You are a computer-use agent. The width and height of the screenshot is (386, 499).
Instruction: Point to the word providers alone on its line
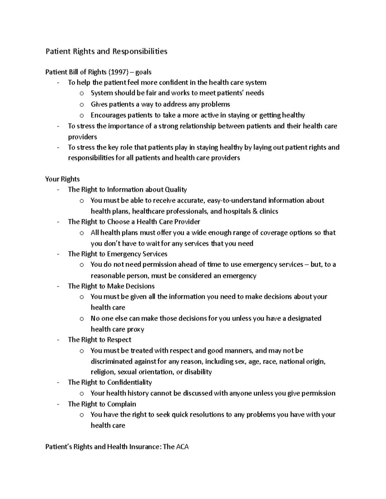pos(82,137)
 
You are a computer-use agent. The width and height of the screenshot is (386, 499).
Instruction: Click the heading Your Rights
pos(62,179)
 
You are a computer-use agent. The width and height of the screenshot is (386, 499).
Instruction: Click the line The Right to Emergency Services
pos(117,254)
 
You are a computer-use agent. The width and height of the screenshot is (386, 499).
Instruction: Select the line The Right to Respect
pos(99,340)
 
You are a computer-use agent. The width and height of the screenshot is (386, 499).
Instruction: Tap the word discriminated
pos(111,361)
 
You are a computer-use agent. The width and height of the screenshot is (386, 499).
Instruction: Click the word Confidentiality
pos(129,382)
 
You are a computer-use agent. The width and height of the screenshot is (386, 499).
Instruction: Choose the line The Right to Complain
pos(102,404)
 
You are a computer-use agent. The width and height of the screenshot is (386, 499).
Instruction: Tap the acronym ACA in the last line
pos(182,447)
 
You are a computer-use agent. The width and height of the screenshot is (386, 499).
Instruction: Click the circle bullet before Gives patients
pos(82,104)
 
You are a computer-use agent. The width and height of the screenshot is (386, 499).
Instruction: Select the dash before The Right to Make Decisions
pos(58,286)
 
